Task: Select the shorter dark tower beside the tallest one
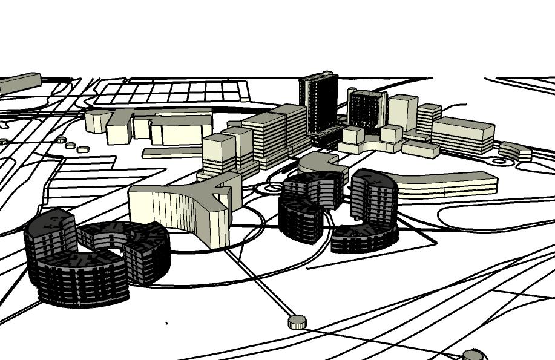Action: pos(367,110)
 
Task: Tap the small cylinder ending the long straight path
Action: pos(297,322)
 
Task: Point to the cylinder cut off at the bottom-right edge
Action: pos(473,355)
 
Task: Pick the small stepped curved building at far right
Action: pos(515,151)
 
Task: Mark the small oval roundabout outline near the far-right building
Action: pos(500,162)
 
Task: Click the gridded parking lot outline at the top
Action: pos(172,93)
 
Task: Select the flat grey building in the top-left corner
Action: pos(19,83)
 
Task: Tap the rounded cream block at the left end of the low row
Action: pos(97,121)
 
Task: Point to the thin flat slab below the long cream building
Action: pos(172,152)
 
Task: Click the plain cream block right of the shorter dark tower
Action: pos(402,112)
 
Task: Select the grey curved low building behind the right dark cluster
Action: pos(321,162)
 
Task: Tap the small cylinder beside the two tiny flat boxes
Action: pos(61,140)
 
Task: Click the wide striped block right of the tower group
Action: pos(462,136)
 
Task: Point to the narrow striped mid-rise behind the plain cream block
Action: pos(429,119)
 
